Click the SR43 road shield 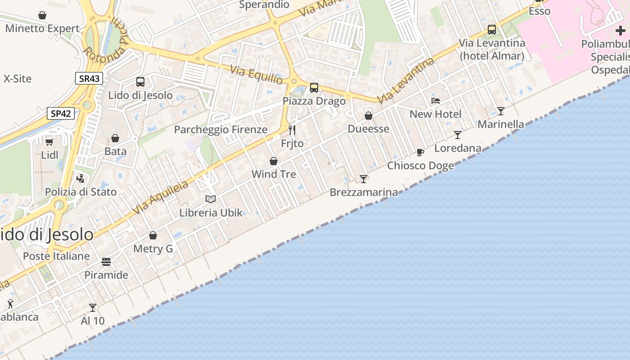pos(89,79)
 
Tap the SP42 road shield pos(61,113)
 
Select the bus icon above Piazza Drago pos(314,88)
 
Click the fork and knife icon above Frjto pos(292,130)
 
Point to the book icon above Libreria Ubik pos(211,199)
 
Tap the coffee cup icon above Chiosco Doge pos(420,152)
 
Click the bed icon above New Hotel pos(436,101)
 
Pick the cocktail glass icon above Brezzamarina pos(364,179)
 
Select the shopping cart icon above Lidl pos(49,141)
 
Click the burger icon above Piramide pos(106,261)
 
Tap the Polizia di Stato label pos(81,192)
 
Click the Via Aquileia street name pos(161,198)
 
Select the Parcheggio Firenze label pos(221,130)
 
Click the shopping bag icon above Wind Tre pos(274,161)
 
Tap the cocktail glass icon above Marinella pos(501,111)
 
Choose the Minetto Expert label pos(42,29)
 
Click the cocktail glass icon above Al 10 pos(93,307)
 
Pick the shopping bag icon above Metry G pos(153,235)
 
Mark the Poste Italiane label pos(56,256)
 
